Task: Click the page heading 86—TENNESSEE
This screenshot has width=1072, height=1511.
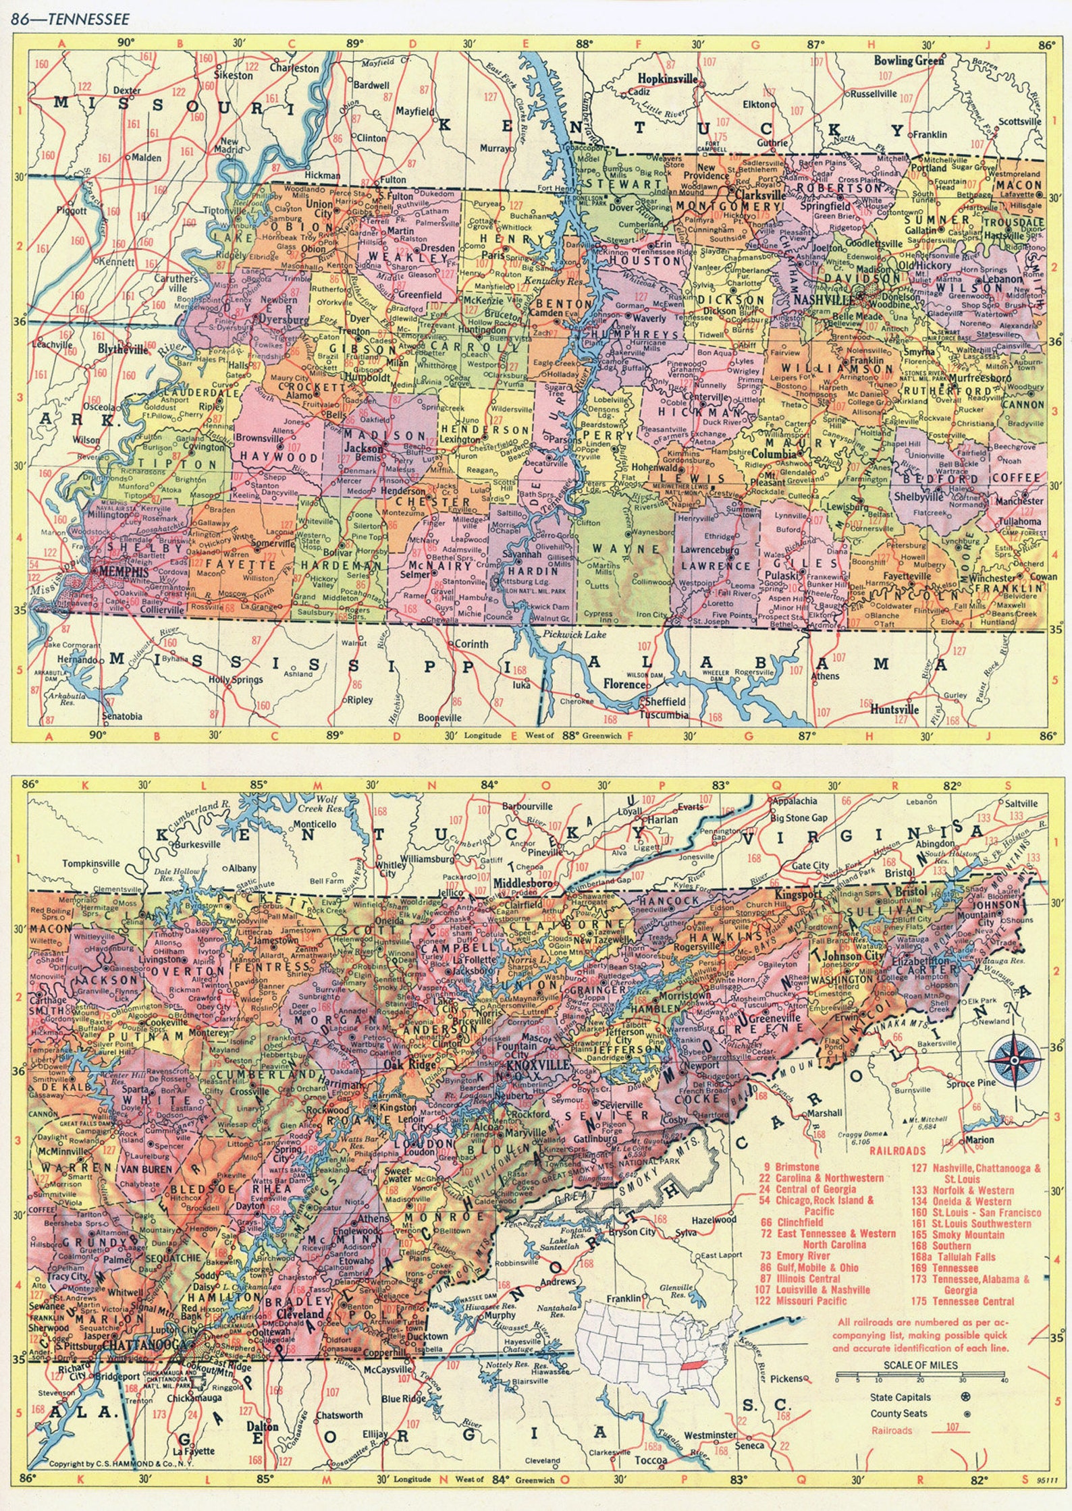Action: pyautogui.click(x=70, y=18)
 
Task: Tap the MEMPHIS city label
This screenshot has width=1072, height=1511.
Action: pyautogui.click(x=123, y=571)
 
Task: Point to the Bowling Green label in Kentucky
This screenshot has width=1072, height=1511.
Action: pyautogui.click(x=909, y=60)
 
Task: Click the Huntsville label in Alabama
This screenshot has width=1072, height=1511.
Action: pyautogui.click(x=894, y=709)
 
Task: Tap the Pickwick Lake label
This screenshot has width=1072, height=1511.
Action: pyautogui.click(x=574, y=635)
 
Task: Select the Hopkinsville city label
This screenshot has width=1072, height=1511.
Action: pyautogui.click(x=668, y=79)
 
